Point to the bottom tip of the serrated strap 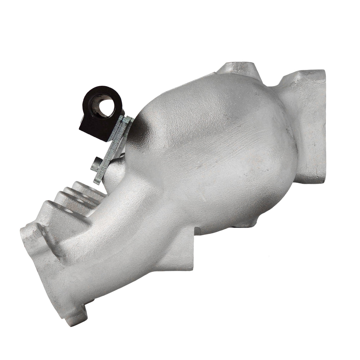(97, 181)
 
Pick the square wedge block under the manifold (175, 261)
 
